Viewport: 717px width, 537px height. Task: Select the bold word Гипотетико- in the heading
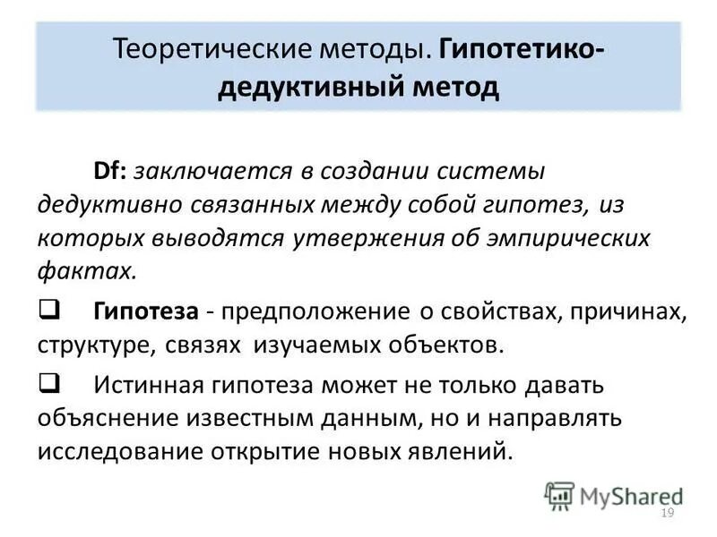[521, 48]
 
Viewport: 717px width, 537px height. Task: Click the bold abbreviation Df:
[112, 170]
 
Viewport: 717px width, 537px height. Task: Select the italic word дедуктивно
[109, 204]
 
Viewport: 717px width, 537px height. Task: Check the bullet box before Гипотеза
[47, 311]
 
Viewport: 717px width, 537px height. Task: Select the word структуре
[88, 345]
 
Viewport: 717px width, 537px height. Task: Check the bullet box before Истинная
[47, 384]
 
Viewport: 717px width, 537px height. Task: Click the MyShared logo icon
[559, 495]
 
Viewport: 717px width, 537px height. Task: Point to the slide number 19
[666, 513]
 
